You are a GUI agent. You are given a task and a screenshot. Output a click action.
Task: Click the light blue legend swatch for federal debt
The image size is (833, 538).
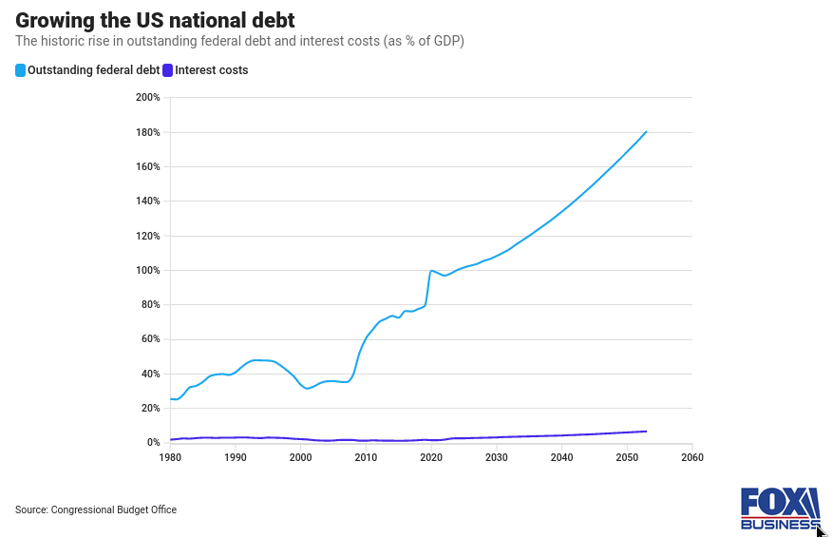(20, 70)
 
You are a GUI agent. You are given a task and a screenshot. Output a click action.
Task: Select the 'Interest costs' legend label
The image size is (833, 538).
(211, 70)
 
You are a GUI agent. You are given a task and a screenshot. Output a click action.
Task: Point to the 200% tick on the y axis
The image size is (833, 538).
(148, 98)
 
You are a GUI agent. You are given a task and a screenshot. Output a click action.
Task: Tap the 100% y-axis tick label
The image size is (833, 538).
(148, 270)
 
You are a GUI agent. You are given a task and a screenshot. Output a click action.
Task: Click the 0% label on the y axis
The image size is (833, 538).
(153, 443)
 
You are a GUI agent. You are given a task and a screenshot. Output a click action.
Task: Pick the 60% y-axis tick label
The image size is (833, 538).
(150, 339)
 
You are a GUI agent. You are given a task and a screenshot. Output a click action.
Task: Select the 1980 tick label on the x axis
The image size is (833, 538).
(170, 457)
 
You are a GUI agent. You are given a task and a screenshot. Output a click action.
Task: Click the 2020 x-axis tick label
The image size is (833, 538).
(431, 457)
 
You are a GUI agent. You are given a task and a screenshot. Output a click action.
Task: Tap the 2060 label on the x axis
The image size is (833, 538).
(692, 457)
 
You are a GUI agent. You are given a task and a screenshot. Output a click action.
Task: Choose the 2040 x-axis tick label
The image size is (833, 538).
(561, 457)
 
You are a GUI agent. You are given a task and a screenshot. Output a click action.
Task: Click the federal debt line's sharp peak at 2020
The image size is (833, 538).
(431, 271)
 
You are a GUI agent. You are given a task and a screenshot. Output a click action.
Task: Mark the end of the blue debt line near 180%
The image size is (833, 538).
(646, 132)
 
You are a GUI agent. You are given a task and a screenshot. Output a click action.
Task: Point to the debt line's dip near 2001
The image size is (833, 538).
(307, 389)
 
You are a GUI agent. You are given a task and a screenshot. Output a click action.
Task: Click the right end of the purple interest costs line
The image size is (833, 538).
(646, 432)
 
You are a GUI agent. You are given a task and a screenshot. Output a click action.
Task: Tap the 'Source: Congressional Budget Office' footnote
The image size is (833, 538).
(96, 510)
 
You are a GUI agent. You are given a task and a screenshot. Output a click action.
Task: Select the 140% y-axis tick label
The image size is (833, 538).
(148, 202)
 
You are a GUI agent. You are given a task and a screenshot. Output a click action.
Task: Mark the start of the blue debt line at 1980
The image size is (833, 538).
(171, 399)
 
